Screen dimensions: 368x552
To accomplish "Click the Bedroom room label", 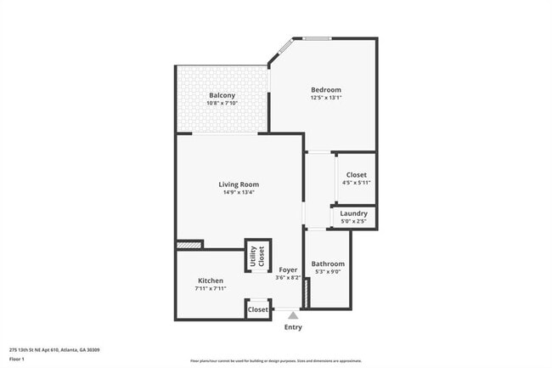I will tap(325, 90).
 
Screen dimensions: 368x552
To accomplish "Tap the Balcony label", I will tap(222, 95).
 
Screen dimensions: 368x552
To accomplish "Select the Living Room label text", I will tap(239, 184).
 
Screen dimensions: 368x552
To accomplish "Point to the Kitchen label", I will tap(211, 280).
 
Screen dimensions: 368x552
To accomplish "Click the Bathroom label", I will tap(328, 263).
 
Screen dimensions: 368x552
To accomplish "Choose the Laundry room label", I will tap(353, 213).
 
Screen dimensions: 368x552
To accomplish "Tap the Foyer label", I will tap(288, 269).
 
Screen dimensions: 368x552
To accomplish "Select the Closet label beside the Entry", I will tap(258, 310).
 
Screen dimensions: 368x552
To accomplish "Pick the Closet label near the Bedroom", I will tap(357, 175).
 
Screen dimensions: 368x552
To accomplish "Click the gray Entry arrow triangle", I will tap(293, 315).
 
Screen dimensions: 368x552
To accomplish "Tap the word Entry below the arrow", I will tap(293, 327).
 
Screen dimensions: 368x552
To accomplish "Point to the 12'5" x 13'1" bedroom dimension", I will tap(325, 98).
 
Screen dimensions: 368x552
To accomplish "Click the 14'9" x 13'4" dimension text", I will tap(239, 192).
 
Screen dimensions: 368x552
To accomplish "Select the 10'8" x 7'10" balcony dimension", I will tap(222, 103).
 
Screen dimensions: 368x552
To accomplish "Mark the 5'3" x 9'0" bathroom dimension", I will tap(328, 272).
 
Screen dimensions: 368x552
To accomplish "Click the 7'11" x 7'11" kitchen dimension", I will tap(211, 289).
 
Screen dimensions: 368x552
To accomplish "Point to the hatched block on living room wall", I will tap(189, 246).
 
